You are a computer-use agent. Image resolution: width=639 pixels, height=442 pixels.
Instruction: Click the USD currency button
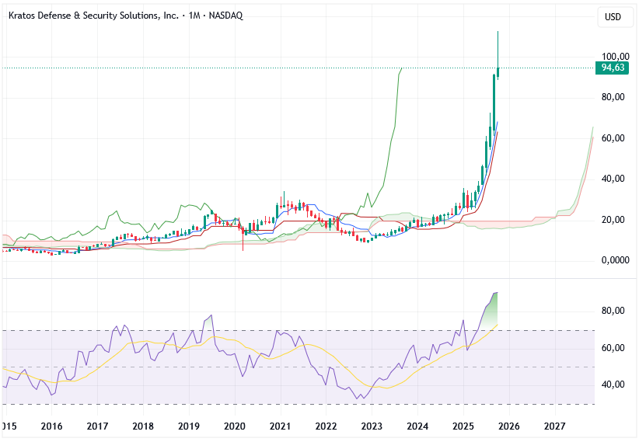(x=614, y=17)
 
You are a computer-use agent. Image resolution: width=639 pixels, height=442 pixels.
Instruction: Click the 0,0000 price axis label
(x=614, y=260)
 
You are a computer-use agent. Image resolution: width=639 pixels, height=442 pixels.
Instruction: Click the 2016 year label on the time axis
(x=51, y=426)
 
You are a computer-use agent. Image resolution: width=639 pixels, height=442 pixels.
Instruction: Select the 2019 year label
(x=189, y=426)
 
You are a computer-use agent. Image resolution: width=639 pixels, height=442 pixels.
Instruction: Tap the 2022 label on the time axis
(x=326, y=426)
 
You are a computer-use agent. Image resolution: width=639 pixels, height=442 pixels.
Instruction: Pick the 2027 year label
(x=554, y=426)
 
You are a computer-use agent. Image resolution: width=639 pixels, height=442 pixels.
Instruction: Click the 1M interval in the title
(x=194, y=16)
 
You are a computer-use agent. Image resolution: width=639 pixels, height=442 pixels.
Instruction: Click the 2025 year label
(x=463, y=426)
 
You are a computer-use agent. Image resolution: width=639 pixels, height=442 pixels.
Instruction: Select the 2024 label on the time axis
(x=417, y=426)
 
